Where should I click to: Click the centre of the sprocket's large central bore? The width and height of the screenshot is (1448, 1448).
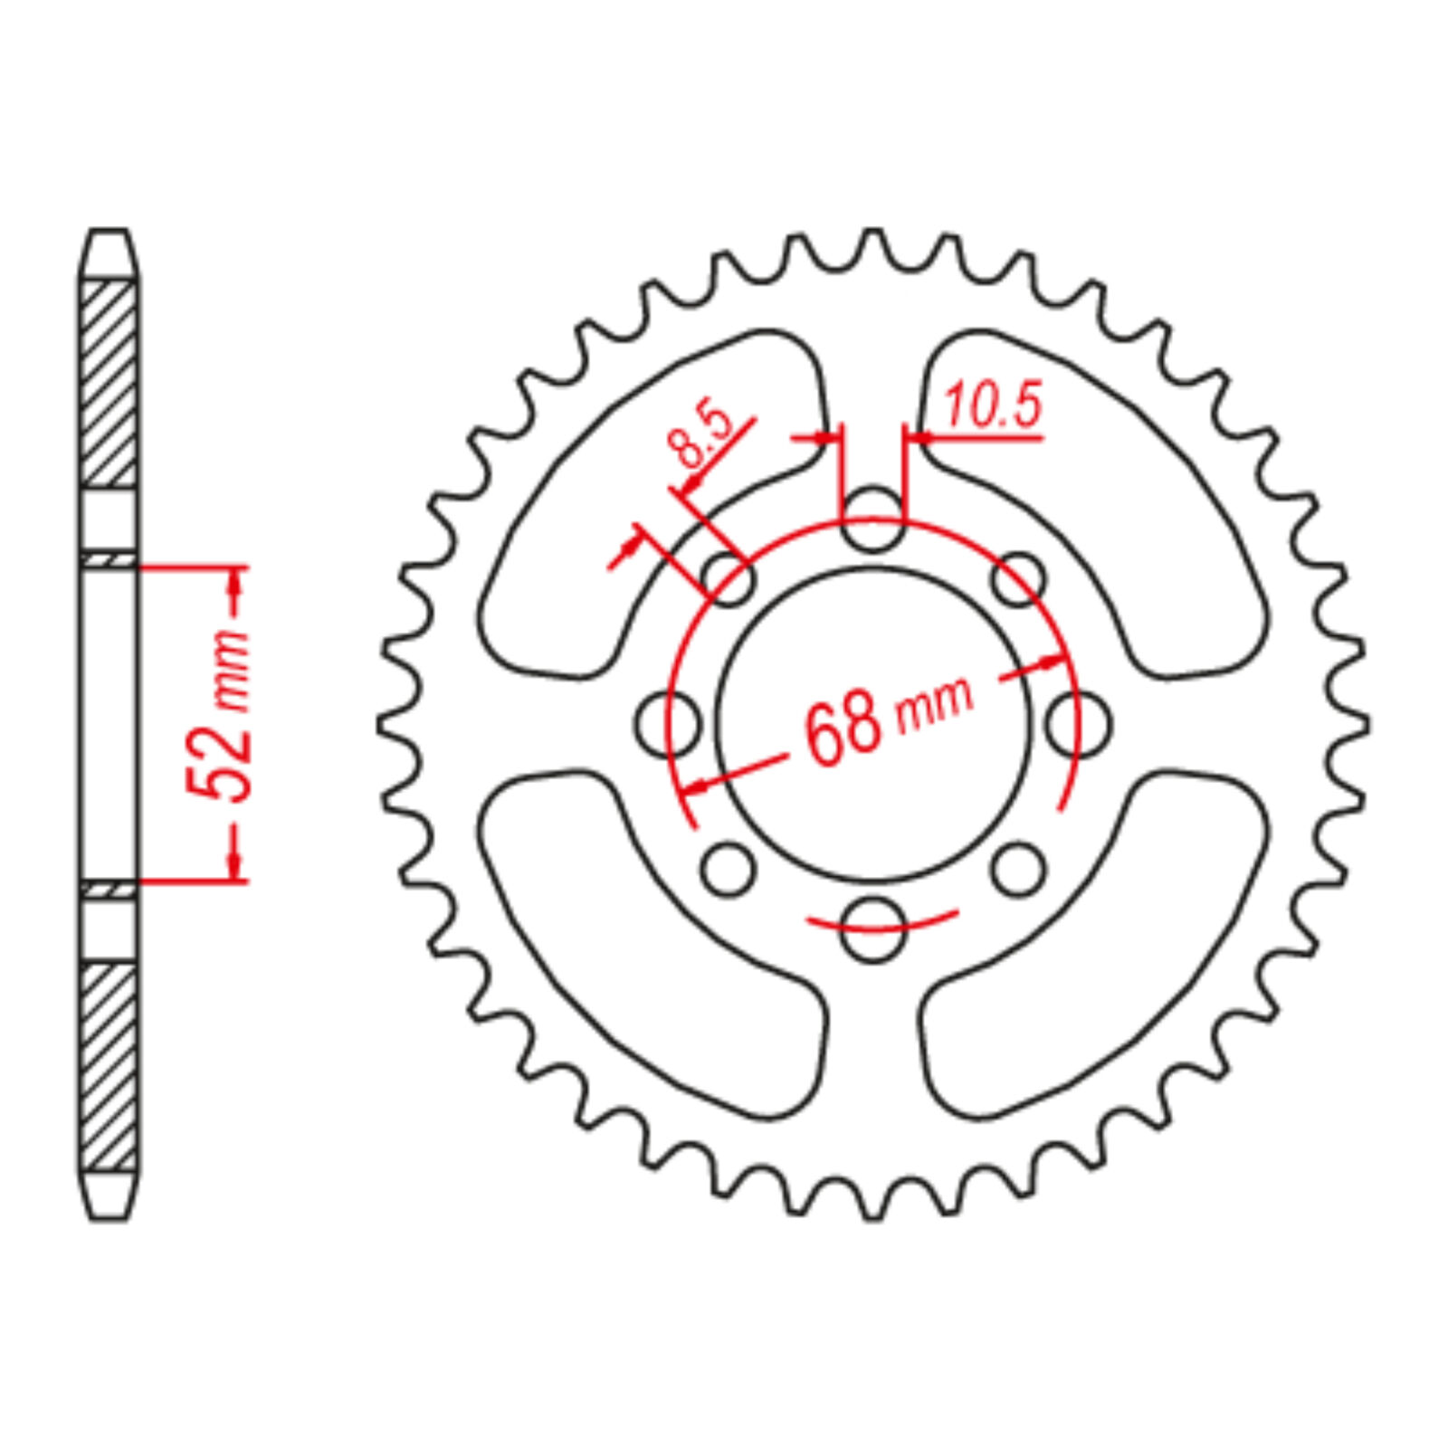pos(872,724)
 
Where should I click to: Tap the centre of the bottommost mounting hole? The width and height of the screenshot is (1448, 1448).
pos(872,929)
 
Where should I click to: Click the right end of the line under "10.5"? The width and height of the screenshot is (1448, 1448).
pos(1043,439)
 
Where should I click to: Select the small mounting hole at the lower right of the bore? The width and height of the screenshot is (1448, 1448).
pos(1017,869)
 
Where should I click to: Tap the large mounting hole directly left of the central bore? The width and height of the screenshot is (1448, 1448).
pos(668,725)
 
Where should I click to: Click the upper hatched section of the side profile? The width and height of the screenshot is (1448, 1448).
pos(110,385)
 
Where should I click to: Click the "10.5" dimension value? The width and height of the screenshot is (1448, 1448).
pos(992,405)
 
